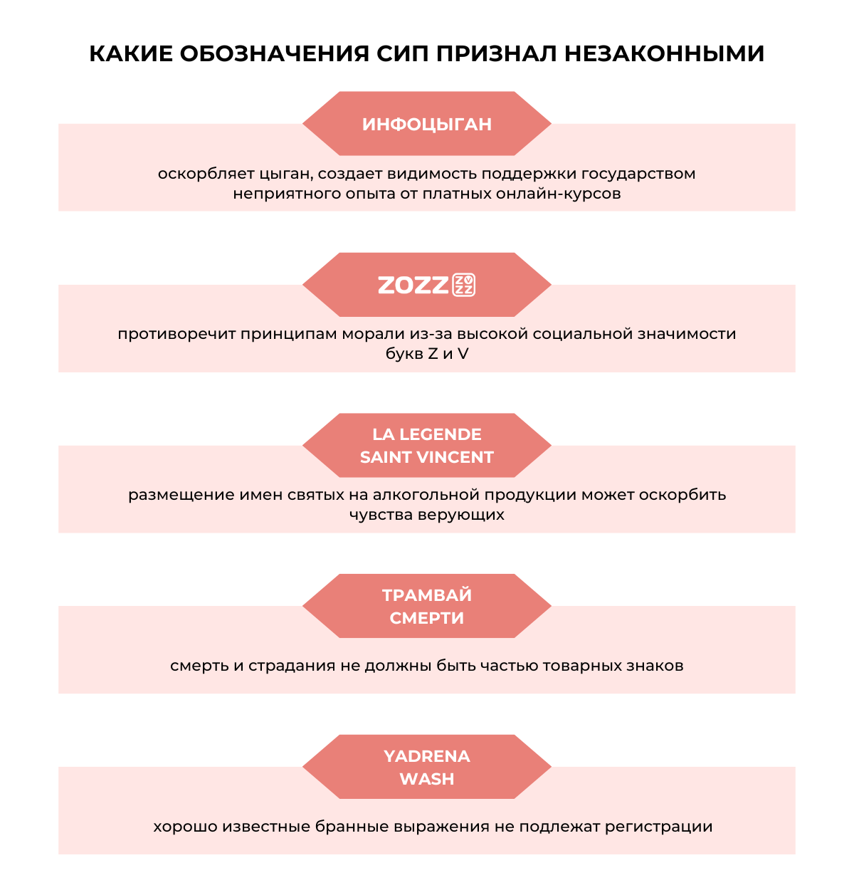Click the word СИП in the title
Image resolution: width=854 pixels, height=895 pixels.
403,54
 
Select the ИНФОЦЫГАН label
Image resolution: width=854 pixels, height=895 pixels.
427,125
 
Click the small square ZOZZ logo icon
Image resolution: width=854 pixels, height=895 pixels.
464,285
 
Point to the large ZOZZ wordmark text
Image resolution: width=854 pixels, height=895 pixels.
413,285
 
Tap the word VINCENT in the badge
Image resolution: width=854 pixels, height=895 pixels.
460,457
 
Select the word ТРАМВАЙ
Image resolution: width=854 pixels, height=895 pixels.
427,595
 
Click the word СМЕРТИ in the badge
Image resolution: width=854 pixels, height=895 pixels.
427,618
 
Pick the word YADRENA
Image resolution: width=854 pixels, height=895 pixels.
427,756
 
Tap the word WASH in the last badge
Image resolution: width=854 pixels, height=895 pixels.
427,779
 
